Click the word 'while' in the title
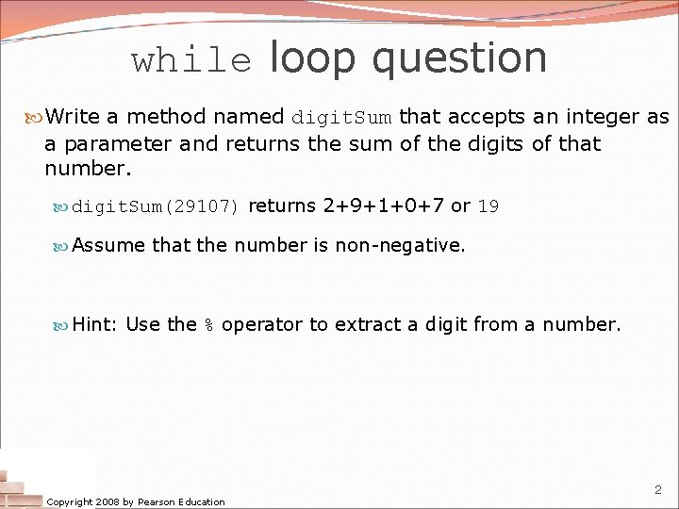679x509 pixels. coord(191,61)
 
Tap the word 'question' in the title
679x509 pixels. coord(459,59)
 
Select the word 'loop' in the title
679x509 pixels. coord(314,59)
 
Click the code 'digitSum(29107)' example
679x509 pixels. coord(157,206)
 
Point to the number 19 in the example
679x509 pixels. coord(488,206)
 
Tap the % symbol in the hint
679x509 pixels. coord(209,325)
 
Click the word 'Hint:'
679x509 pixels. coord(94,324)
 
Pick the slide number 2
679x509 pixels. coord(657,490)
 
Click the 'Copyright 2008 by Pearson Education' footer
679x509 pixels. coord(136,501)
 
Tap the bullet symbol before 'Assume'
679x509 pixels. coord(62,245)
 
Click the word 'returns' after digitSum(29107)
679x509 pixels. coord(282,205)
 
